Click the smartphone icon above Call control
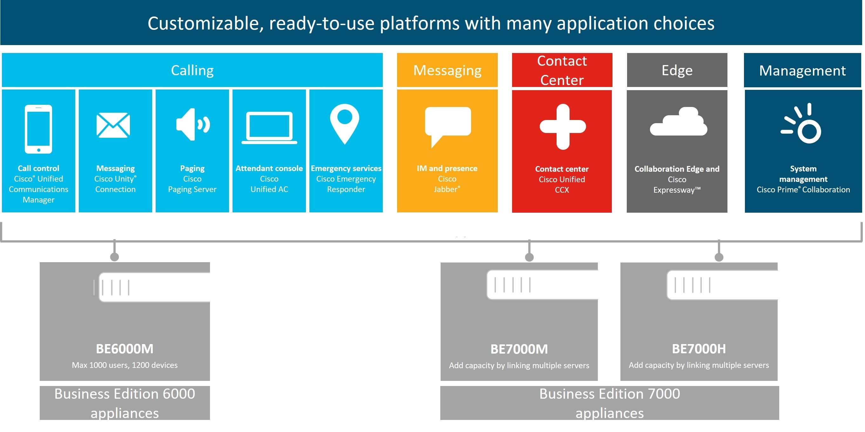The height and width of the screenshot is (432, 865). pyautogui.click(x=38, y=129)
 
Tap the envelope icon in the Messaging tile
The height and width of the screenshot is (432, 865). pyautogui.click(x=113, y=125)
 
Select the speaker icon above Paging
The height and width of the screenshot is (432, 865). pyautogui.click(x=193, y=124)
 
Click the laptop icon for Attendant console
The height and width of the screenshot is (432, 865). pyautogui.click(x=269, y=128)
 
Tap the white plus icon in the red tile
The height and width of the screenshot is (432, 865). pyautogui.click(x=563, y=127)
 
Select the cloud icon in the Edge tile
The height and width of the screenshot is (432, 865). pyautogui.click(x=678, y=122)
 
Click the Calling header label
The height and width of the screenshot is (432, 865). pyautogui.click(x=192, y=70)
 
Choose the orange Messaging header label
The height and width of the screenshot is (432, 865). pyautogui.click(x=447, y=70)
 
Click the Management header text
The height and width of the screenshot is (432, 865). pyautogui.click(x=802, y=71)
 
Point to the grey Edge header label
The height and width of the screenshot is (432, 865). pyautogui.click(x=677, y=70)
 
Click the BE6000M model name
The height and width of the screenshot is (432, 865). pyautogui.click(x=125, y=349)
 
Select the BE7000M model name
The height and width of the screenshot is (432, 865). pyautogui.click(x=519, y=349)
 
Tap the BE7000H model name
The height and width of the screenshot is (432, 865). pyautogui.click(x=699, y=349)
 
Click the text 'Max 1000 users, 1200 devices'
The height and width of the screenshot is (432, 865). pyautogui.click(x=125, y=365)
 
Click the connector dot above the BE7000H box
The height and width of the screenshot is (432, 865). pyautogui.click(x=719, y=257)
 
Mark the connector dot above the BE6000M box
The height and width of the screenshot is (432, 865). pyautogui.click(x=114, y=257)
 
